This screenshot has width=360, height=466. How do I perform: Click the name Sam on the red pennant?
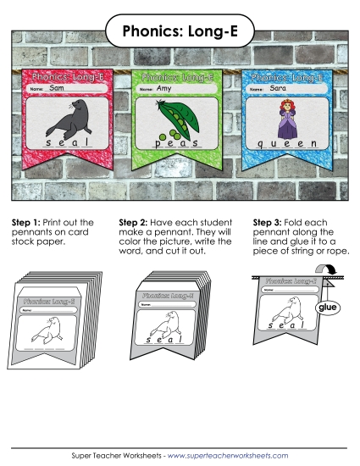(x=57, y=88)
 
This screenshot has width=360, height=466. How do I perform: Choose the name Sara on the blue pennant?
(x=278, y=87)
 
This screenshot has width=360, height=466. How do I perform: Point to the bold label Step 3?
(x=269, y=223)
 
